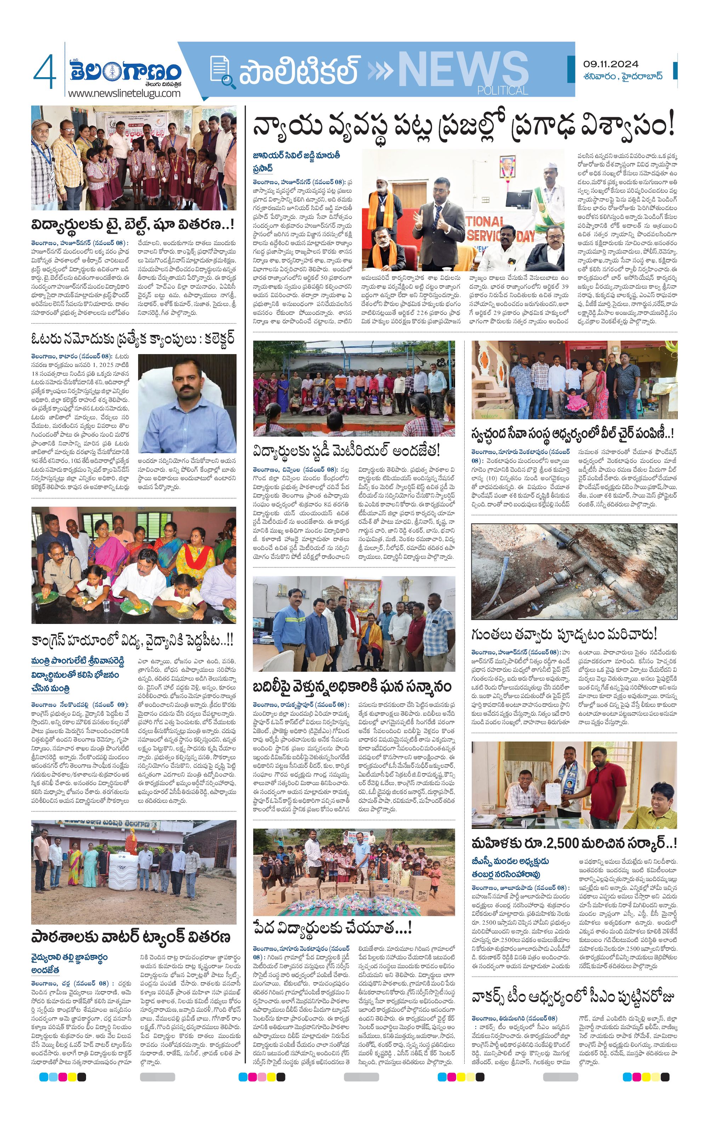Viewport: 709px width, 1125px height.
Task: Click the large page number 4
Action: [x=45, y=72]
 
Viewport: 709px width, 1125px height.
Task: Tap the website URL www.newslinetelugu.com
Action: [x=124, y=93]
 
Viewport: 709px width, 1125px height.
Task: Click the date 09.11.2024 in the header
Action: [x=611, y=64]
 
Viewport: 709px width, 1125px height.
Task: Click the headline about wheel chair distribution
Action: [x=573, y=433]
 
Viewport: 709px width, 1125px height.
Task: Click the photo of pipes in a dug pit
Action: [x=574, y=572]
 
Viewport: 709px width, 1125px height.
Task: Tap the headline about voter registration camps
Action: [x=133, y=339]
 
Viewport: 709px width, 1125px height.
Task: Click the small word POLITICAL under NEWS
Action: [x=503, y=91]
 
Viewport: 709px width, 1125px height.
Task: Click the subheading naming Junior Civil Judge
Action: [x=296, y=161]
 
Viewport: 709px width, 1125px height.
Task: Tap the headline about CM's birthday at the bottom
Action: [x=573, y=997]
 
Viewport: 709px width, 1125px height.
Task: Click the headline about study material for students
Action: [x=346, y=451]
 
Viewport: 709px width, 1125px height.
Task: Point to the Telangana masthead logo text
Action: [x=125, y=70]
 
